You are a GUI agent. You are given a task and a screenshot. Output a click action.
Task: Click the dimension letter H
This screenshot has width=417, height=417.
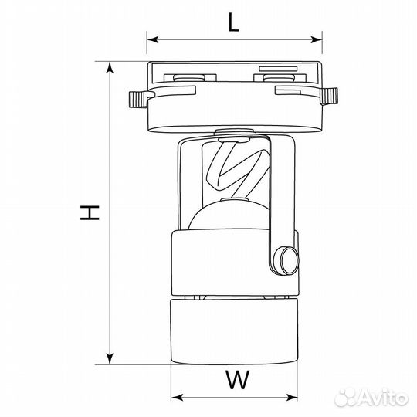click(x=90, y=212)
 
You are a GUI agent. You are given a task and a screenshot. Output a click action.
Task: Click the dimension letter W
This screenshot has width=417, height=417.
click(x=238, y=380)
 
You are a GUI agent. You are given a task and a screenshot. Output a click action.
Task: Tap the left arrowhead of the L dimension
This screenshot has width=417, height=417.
click(x=153, y=40)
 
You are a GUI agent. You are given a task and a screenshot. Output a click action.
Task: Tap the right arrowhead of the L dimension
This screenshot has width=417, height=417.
click(x=317, y=40)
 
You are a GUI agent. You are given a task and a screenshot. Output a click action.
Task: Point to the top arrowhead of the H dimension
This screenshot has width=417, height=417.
click(x=110, y=67)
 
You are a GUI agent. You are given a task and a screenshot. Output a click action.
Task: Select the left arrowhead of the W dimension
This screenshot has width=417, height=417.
click(x=177, y=398)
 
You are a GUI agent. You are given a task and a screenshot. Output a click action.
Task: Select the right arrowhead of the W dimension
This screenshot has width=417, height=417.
click(x=291, y=398)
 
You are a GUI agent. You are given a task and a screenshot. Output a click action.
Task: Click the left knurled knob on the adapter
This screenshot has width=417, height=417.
click(x=138, y=99)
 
